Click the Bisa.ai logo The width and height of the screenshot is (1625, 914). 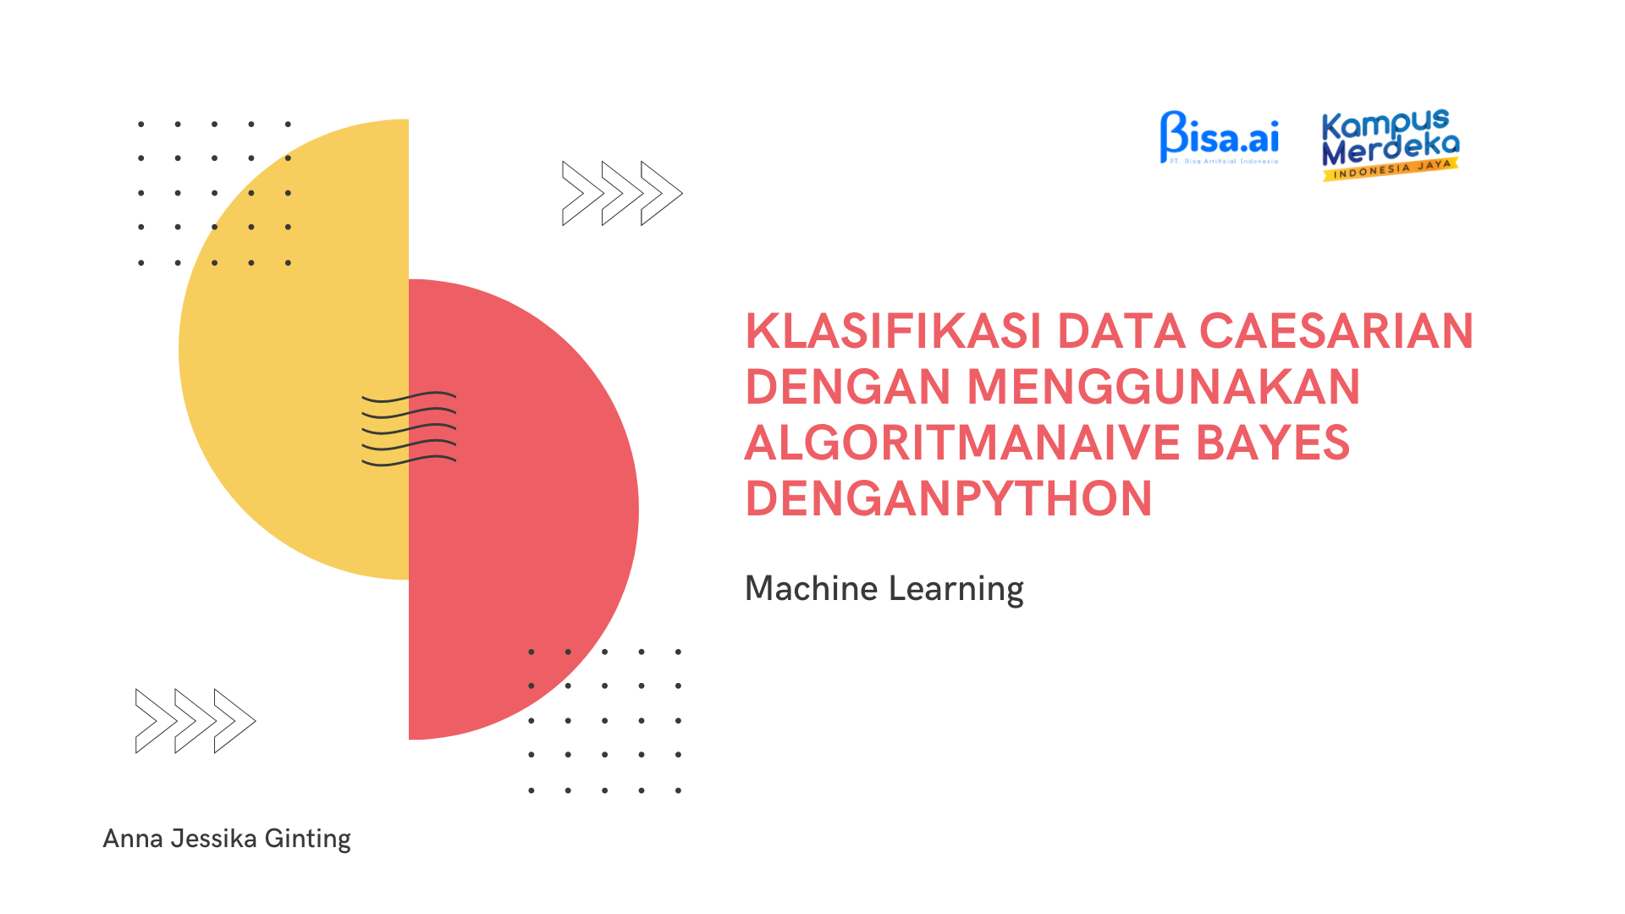pyautogui.click(x=1220, y=137)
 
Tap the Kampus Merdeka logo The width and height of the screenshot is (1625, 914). pyautogui.click(x=1391, y=145)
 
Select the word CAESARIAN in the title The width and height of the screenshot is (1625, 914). pyautogui.click(x=1337, y=331)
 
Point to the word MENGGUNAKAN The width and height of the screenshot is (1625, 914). pyautogui.click(x=1163, y=387)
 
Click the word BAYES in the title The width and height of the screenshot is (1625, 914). pyautogui.click(x=1273, y=443)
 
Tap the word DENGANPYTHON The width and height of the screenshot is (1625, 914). pyautogui.click(x=949, y=498)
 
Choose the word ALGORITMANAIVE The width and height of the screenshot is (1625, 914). pyautogui.click(x=963, y=443)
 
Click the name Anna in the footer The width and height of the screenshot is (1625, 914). pyautogui.click(x=133, y=838)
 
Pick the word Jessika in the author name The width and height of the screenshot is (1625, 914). pyautogui.click(x=214, y=838)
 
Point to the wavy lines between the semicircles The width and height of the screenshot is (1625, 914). pyautogui.click(x=409, y=429)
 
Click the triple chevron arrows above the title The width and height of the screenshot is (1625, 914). pyautogui.click(x=622, y=193)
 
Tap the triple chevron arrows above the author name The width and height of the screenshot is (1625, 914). pyautogui.click(x=196, y=721)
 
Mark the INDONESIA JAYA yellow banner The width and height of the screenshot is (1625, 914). pyautogui.click(x=1391, y=168)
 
